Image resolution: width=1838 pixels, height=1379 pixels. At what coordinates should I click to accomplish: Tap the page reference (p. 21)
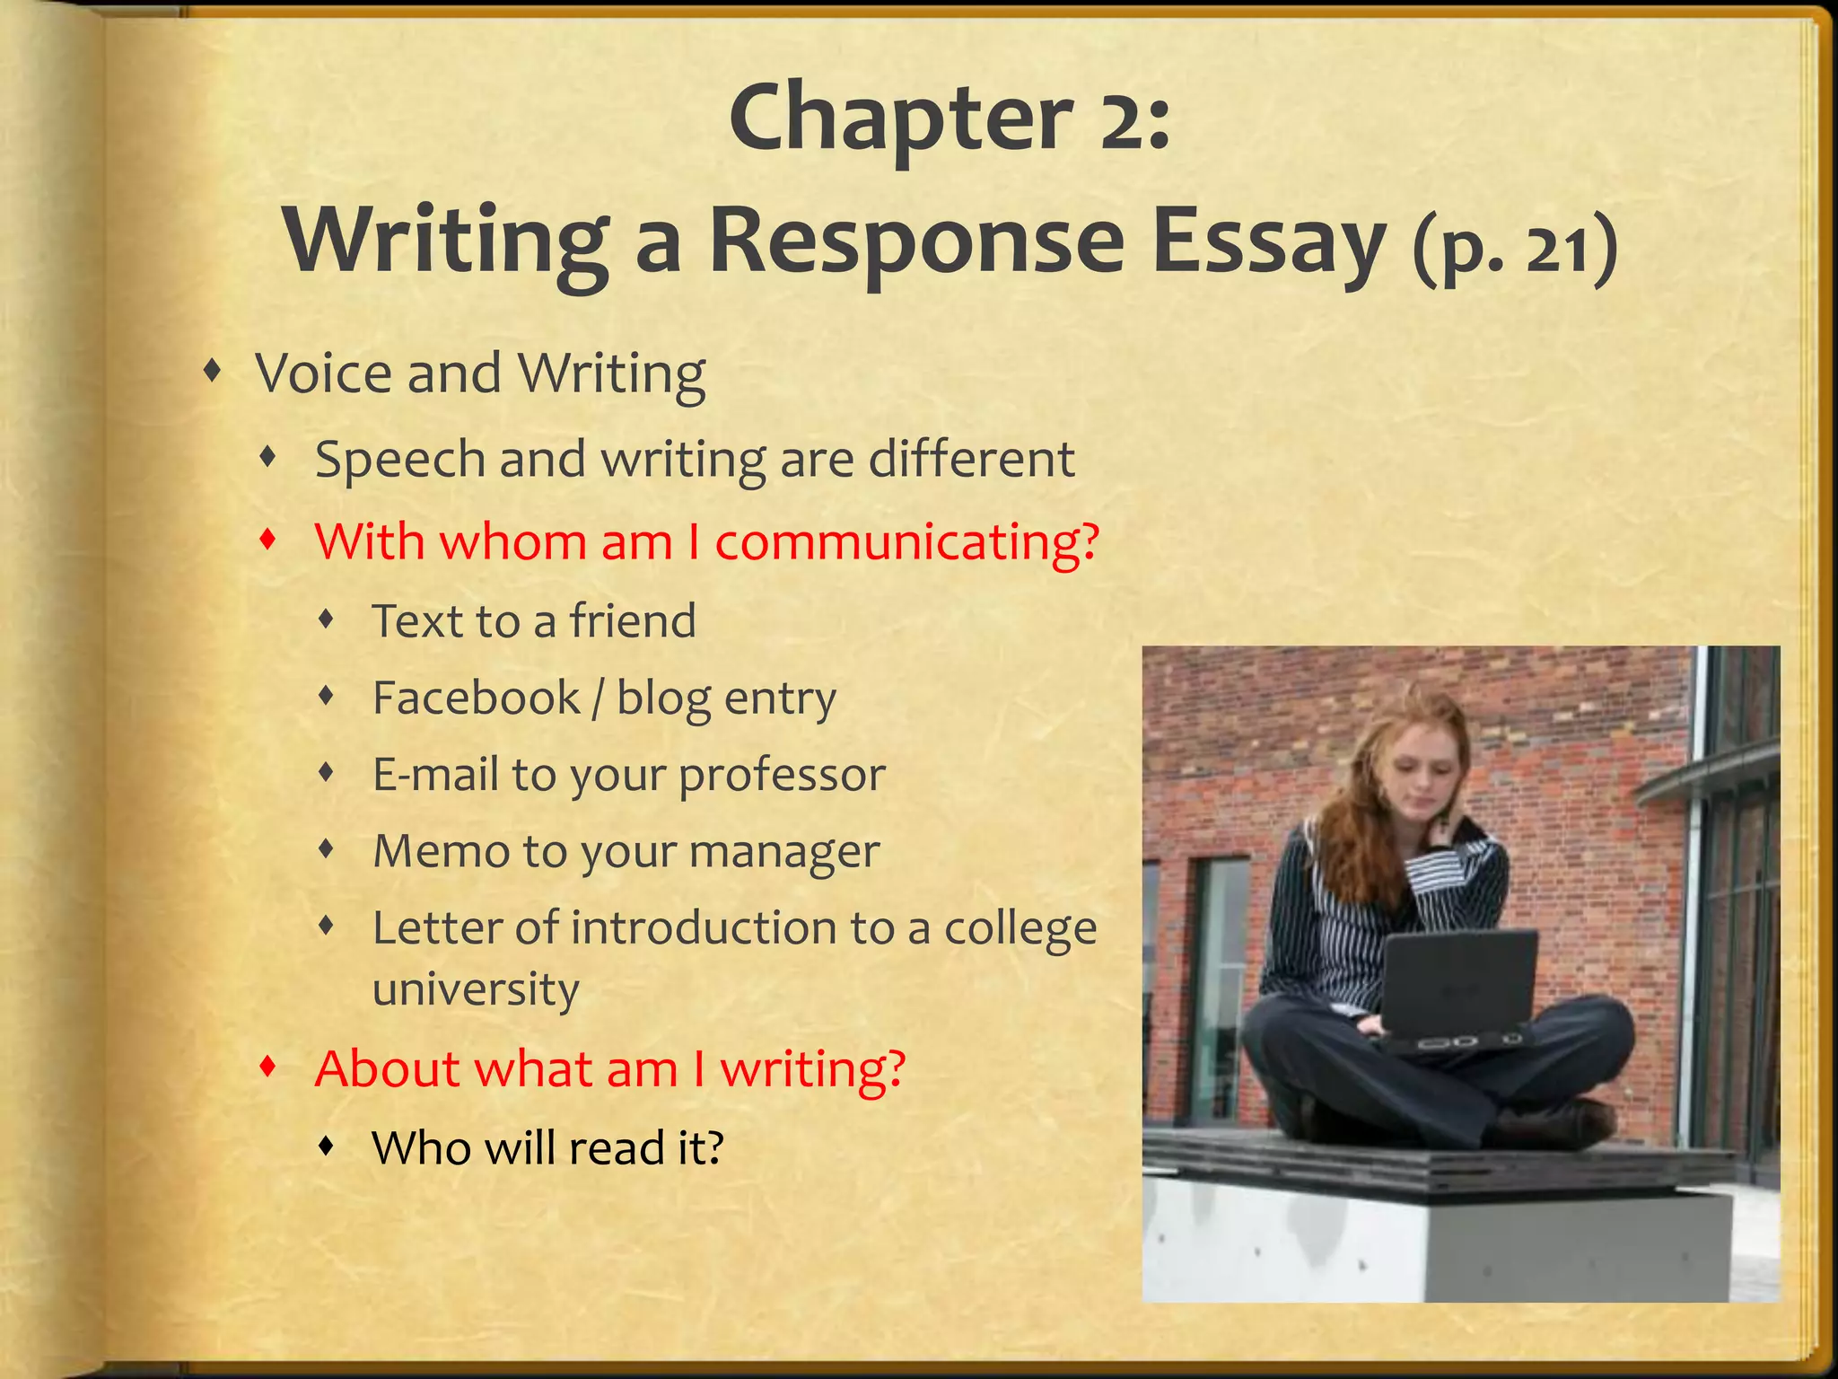pos(1515,249)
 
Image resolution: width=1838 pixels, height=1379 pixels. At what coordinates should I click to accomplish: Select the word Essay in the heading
pos(1269,242)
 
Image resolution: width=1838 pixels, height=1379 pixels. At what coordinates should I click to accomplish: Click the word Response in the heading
pos(915,242)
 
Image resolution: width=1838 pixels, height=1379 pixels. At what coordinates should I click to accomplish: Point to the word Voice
pos(325,373)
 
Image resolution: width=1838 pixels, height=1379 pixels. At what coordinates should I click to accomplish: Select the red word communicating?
pos(906,542)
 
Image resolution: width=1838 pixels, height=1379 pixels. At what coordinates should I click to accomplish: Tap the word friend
pos(633,621)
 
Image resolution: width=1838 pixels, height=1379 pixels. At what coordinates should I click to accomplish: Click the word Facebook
pos(476,698)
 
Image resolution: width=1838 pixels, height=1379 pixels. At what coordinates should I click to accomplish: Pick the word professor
pos(782,775)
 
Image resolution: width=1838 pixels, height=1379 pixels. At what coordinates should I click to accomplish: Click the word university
pos(476,989)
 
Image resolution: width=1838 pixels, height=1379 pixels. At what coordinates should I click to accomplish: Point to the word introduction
pos(700,928)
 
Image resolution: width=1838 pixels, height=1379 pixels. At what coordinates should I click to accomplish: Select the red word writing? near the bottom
pos(812,1069)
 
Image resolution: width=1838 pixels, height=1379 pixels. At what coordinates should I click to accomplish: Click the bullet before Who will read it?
pos(328,1146)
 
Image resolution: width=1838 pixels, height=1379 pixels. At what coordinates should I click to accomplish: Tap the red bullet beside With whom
pos(267,540)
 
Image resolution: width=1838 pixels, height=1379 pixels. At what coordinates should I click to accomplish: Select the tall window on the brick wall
pos(1219,988)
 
